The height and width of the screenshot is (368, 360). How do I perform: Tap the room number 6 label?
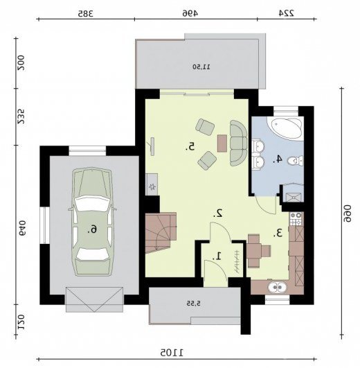click(92, 229)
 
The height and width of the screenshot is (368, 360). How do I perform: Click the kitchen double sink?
click(278, 288)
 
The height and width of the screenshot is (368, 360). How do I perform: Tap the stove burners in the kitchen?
click(296, 218)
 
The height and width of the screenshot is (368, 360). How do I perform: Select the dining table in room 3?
click(254, 251)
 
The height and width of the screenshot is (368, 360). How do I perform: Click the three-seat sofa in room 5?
click(239, 143)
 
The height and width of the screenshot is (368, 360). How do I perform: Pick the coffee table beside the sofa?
click(222, 143)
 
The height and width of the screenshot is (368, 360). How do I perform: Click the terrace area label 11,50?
click(201, 67)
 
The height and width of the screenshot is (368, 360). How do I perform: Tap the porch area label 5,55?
click(193, 304)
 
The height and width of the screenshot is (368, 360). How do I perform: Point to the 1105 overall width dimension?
click(172, 352)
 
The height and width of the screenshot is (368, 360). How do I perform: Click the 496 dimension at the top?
click(190, 13)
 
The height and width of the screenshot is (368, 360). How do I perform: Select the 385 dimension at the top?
click(86, 13)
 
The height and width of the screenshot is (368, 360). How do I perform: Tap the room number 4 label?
click(278, 159)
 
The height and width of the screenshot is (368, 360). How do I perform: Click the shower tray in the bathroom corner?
click(293, 193)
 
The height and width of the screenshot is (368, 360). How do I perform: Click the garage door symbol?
click(94, 299)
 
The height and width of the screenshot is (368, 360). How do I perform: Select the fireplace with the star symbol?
click(152, 184)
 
